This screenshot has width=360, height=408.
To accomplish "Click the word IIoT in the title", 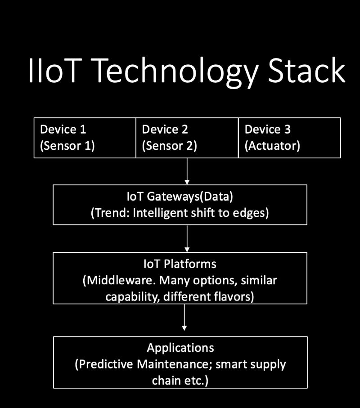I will [53, 71].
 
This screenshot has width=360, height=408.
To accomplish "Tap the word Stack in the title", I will [307, 71].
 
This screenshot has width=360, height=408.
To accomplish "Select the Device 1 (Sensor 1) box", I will [85, 138].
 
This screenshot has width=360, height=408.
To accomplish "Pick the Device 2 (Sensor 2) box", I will [187, 138].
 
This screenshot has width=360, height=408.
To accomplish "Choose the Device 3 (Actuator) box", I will [289, 138].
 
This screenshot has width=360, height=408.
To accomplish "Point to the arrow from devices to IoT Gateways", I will [187, 171].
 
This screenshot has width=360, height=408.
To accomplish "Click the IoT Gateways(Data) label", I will [180, 197].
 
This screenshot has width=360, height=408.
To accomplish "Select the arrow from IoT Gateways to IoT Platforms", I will [187, 238].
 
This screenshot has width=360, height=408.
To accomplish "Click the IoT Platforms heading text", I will [180, 264].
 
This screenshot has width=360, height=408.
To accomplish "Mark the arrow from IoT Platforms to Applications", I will [184, 319].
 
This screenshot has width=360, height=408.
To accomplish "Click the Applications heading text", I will [180, 348].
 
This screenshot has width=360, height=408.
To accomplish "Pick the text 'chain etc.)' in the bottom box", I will [180, 380].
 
